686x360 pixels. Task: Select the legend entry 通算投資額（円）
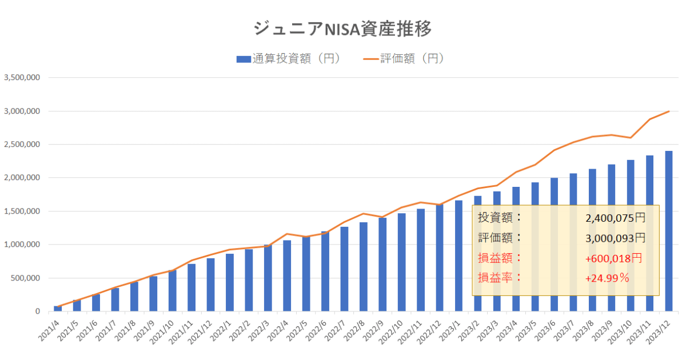[288, 59]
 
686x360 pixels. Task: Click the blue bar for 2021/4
[58, 309]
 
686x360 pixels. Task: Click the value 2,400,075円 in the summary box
[615, 218]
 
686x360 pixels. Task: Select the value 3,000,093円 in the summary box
[615, 238]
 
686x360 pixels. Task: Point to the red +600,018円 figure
[613, 258]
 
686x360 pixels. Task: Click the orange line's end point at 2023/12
[668, 111]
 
